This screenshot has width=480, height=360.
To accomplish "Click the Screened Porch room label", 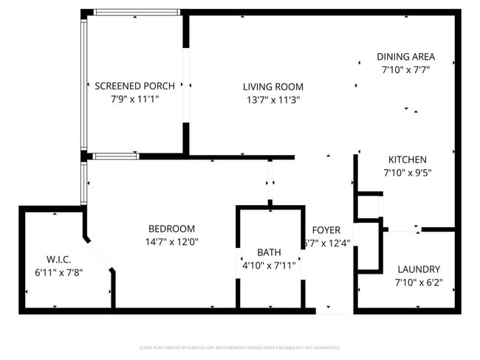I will (x=134, y=86).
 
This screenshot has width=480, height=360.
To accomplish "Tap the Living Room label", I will (x=273, y=86).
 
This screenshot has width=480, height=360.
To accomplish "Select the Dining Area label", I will (x=405, y=57).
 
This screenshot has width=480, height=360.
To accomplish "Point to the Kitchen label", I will (x=408, y=159).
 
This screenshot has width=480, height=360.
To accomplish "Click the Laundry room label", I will (x=419, y=269).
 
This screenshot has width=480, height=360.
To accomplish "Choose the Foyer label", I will (x=326, y=230).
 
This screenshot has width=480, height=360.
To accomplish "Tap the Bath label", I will (x=269, y=252).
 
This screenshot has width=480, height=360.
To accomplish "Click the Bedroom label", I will (x=171, y=229).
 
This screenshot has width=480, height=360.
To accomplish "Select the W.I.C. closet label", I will (x=58, y=259).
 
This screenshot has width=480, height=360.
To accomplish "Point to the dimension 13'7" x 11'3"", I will (x=273, y=100).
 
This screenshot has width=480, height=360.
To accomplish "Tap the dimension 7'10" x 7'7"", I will (x=405, y=69).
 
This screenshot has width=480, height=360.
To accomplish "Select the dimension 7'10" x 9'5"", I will (x=408, y=173).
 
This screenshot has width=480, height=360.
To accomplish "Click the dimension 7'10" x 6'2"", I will (x=419, y=283).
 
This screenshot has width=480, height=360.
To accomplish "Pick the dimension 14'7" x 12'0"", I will (x=171, y=242).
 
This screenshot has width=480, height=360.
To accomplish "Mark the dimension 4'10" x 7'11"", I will (x=269, y=266).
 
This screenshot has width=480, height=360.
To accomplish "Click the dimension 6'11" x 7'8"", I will (x=58, y=272).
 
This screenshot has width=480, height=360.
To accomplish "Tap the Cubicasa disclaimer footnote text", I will (x=240, y=347).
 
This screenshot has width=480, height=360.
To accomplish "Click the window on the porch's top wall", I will (x=137, y=13).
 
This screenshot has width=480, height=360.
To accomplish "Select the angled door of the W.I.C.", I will (x=100, y=255).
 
